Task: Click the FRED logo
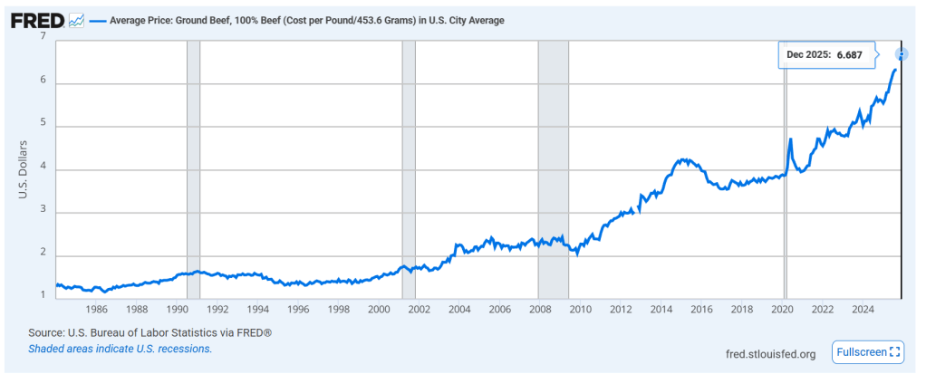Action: (x=37, y=19)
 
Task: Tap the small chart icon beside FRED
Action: (x=77, y=19)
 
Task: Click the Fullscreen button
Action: (x=867, y=351)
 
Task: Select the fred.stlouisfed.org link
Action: (x=771, y=353)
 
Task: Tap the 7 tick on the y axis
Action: (x=43, y=36)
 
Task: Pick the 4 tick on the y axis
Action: (x=43, y=169)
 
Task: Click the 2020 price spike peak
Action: (x=791, y=139)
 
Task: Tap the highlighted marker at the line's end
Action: (x=901, y=54)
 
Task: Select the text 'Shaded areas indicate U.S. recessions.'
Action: (x=121, y=348)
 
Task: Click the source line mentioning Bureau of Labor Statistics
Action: (x=150, y=332)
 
